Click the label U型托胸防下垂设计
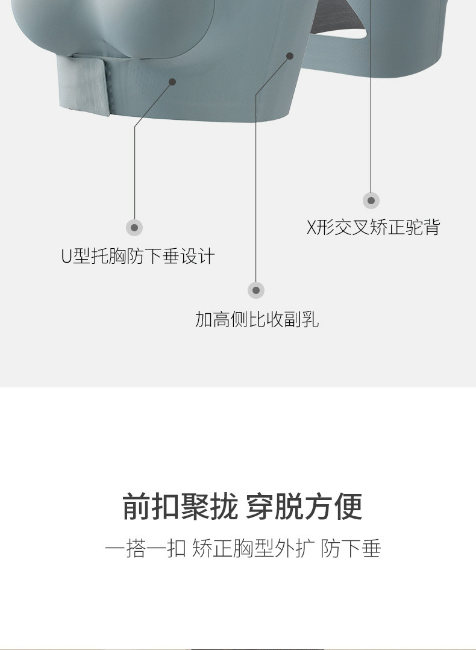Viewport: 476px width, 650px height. coord(138,257)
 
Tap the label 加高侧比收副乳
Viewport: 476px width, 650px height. coord(257,319)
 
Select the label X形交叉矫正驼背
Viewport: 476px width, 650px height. coord(374,228)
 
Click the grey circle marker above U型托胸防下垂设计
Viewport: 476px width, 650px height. coord(134,228)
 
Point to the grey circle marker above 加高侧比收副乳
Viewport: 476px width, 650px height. coord(256,290)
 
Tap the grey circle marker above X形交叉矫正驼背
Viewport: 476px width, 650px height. coord(371,201)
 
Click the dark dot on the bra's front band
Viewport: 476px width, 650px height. coord(172,81)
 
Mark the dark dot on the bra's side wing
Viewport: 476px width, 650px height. coord(290,56)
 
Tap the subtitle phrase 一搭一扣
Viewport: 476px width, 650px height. coord(145,549)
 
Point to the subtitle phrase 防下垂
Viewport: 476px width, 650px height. coord(351,549)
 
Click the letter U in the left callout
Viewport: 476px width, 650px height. coord(66,257)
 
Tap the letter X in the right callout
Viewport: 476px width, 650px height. coord(312,228)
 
